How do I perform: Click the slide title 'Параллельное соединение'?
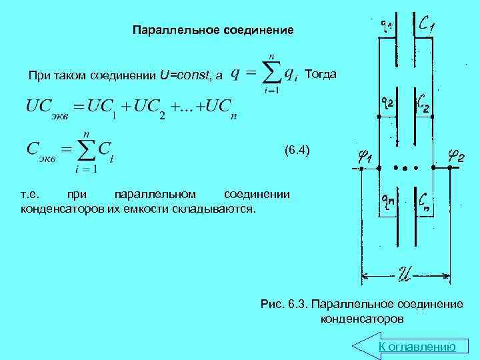(213, 31)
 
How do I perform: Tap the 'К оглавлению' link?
(417, 347)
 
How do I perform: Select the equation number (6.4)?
(297, 150)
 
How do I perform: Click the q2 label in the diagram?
(388, 103)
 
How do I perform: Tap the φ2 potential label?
(456, 157)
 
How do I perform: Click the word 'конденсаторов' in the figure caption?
(362, 319)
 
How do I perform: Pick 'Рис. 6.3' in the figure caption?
(279, 304)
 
